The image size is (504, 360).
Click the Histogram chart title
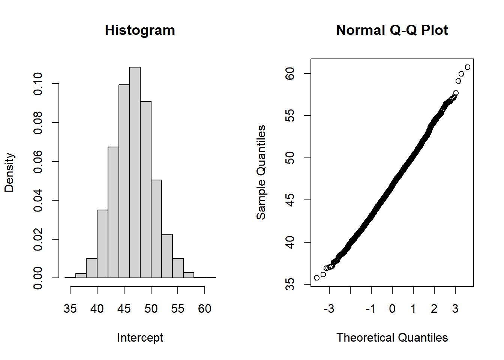(x=140, y=30)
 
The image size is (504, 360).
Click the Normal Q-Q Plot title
(x=392, y=30)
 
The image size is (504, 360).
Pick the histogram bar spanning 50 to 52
(x=156, y=229)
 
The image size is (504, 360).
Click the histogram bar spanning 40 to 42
(x=102, y=244)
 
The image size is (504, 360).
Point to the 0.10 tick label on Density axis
(x=38, y=84)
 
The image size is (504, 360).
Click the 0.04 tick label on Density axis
(x=38, y=200)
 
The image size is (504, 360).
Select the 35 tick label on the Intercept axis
(x=70, y=309)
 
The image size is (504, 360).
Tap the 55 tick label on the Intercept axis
(x=178, y=309)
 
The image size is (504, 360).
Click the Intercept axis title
(x=140, y=337)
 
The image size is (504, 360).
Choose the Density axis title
(x=9, y=172)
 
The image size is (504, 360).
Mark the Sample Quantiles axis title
(x=261, y=172)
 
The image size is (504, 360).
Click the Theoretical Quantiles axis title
(x=392, y=337)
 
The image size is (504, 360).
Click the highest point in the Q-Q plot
(x=467, y=67)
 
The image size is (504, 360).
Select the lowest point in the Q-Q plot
(x=317, y=278)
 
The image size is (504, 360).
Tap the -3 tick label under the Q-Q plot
(x=328, y=309)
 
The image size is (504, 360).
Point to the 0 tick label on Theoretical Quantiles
(x=392, y=309)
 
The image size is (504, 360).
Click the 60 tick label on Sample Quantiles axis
(x=290, y=73)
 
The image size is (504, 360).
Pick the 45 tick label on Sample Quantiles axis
(x=290, y=200)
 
